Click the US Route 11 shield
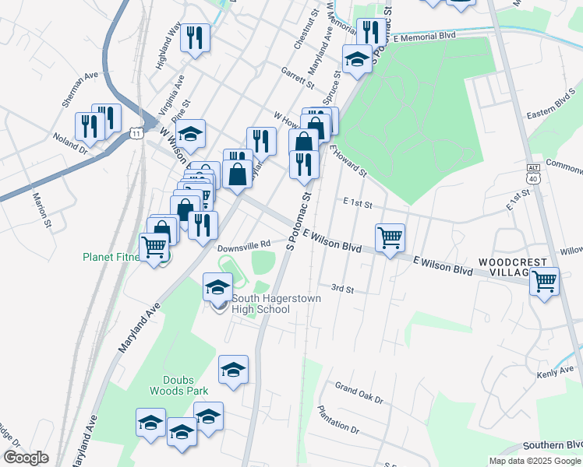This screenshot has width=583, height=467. pyautogui.click(x=137, y=134)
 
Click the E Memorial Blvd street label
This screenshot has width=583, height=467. pyautogui.click(x=424, y=37)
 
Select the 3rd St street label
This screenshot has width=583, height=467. pyautogui.click(x=343, y=289)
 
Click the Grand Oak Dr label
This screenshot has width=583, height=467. pyautogui.click(x=359, y=392)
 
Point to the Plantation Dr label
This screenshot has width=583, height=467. pyautogui.click(x=338, y=420)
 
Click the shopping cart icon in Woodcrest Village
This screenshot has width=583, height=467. pyautogui.click(x=544, y=281)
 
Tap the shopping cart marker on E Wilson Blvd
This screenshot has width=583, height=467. pyautogui.click(x=390, y=237)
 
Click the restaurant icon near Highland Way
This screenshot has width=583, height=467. pyautogui.click(x=195, y=37)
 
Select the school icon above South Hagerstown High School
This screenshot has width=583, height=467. pyautogui.click(x=217, y=286)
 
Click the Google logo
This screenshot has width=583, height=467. pyautogui.click(x=26, y=458)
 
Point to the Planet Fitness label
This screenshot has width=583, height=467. pyautogui.click(x=112, y=258)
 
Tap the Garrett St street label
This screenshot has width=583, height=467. pyautogui.click(x=299, y=77)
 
